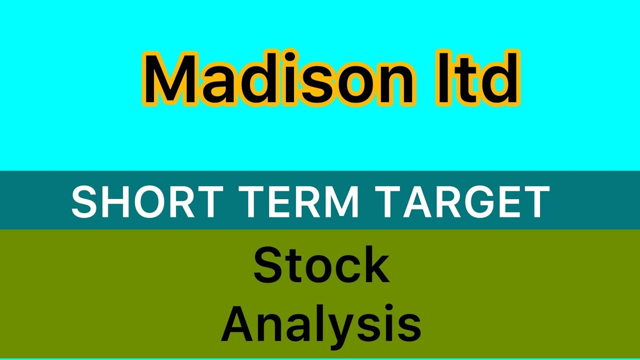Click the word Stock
[321, 266]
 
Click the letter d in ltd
[500, 80]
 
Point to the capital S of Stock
[268, 266]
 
